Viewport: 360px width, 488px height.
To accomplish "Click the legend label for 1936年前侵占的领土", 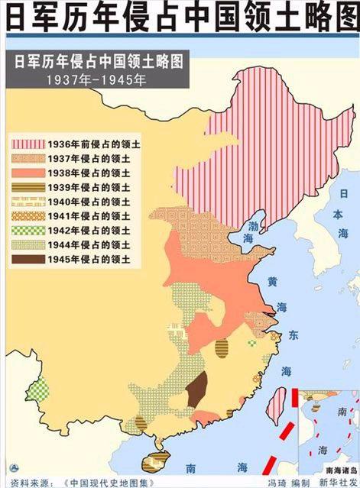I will (95, 143).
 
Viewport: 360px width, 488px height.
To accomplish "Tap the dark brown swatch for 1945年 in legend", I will (27, 260).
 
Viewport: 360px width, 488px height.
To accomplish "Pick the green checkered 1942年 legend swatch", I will (27, 231).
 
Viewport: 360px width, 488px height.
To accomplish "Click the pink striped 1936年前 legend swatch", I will (27, 143).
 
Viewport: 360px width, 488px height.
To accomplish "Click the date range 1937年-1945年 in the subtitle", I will (96, 79).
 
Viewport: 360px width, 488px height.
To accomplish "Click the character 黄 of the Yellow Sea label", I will (272, 282).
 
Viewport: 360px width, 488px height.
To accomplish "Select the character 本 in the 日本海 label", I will (344, 215).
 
